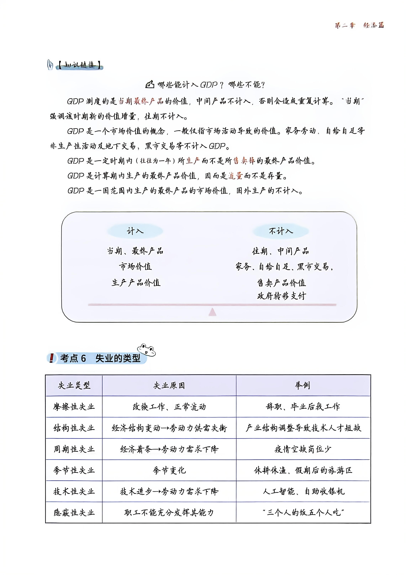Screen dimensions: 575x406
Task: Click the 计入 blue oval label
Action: click(135, 231)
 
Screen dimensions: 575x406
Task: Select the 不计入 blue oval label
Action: click(281, 231)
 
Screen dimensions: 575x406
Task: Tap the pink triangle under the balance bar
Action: click(212, 312)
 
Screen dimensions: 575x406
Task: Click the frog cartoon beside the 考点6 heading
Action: click(146, 350)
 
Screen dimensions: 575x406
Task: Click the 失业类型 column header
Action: click(74, 385)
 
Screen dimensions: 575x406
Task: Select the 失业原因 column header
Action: click(169, 385)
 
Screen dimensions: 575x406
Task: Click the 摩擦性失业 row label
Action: click(74, 407)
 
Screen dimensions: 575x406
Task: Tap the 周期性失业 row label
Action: click(74, 449)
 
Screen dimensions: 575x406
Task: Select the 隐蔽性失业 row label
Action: click(74, 513)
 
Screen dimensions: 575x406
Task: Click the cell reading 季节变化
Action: click(169, 470)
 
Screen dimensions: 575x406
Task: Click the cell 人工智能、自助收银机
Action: click(303, 491)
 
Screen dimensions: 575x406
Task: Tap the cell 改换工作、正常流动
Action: click(169, 407)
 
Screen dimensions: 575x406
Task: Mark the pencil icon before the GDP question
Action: click(150, 84)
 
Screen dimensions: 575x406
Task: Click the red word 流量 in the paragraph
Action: click(235, 176)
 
